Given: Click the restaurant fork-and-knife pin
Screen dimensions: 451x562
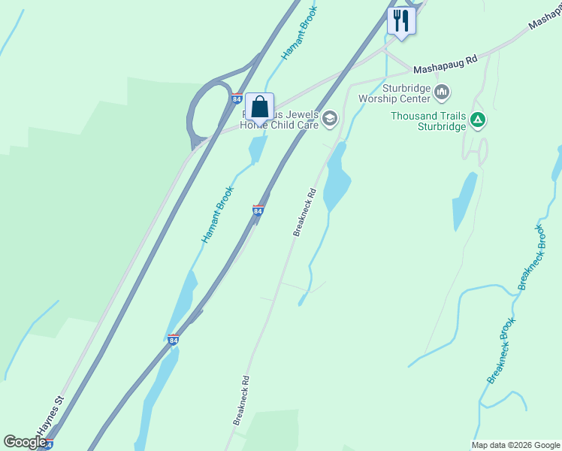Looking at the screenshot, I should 401,20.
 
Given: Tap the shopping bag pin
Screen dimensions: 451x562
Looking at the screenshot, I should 259,107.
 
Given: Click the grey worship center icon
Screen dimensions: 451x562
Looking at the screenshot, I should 442,92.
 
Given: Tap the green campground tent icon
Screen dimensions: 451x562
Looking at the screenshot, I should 477,119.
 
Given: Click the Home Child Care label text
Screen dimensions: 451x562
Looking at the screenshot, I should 279,126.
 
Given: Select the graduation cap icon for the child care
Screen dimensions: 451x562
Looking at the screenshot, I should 329,118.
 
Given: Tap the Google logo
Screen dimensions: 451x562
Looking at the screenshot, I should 25,442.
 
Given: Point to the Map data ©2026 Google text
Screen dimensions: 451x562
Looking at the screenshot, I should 515,445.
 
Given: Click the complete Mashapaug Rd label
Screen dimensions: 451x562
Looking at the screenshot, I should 446,62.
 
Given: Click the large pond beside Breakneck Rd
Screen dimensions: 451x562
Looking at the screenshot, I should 336,178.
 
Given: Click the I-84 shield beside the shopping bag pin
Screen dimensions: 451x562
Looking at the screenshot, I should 237,98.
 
